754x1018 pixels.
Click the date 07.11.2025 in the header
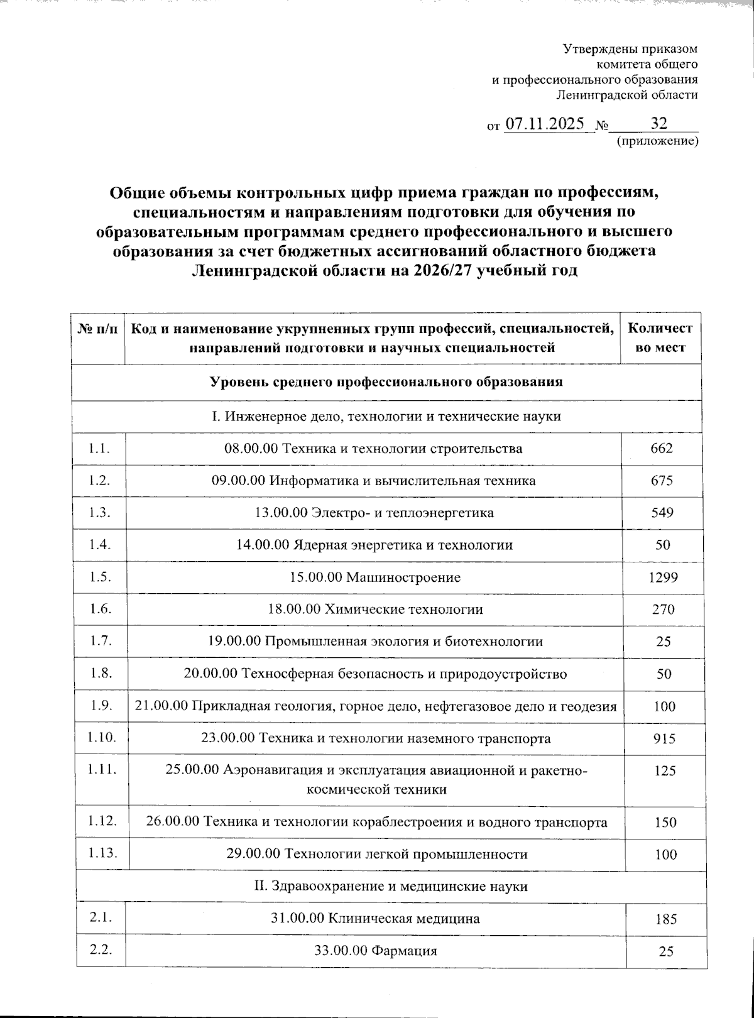tap(545, 123)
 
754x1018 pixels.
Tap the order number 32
tap(659, 122)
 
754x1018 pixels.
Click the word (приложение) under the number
tap(657, 142)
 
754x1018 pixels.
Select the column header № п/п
tap(98, 329)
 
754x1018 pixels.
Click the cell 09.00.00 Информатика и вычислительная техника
tap(373, 481)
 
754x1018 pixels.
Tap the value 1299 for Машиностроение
tap(663, 577)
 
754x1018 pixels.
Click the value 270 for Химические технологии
tap(662, 609)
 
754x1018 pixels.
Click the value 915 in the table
tap(664, 738)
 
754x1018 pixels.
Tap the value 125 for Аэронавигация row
tap(664, 770)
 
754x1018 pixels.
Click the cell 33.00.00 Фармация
tap(375, 950)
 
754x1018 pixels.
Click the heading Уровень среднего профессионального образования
tap(386, 381)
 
